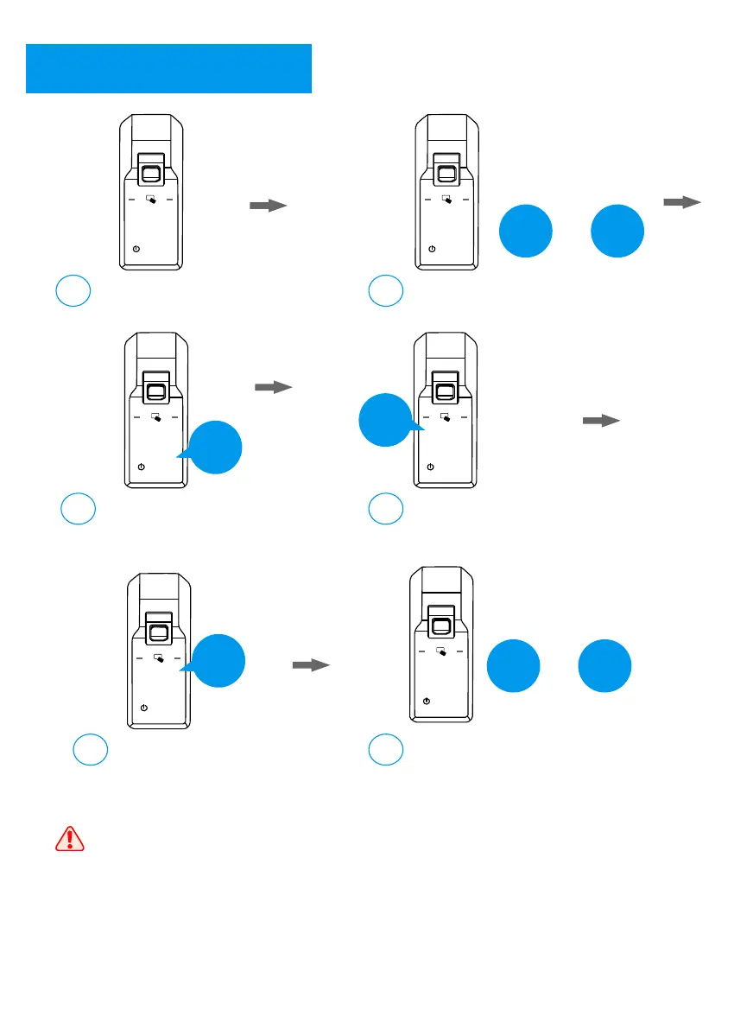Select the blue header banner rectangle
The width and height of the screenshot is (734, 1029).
pos(168,68)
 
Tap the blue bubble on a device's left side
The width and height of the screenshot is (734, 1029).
pos(385,421)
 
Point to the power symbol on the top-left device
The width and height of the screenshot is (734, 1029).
pos(136,249)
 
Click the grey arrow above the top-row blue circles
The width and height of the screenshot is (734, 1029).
pos(682,202)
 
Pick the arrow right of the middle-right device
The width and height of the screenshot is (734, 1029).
pos(601,421)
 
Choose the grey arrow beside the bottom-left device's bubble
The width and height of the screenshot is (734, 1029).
pos(311,665)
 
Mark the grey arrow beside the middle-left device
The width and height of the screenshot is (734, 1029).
pos(274,389)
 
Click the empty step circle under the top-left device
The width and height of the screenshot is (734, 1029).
pos(73,291)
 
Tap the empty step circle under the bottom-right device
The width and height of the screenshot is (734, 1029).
pos(385,749)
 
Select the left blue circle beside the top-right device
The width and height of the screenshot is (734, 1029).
pos(526,231)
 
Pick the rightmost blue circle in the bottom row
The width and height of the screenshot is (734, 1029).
pos(604,666)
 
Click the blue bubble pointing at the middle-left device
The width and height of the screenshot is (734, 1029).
pos(215,448)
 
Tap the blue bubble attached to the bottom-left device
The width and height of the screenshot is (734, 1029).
pos(218,661)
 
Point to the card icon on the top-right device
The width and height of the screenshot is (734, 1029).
pos(446,200)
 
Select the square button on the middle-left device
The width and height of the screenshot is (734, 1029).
pos(156,390)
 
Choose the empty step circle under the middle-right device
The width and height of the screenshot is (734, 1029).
pos(385,510)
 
